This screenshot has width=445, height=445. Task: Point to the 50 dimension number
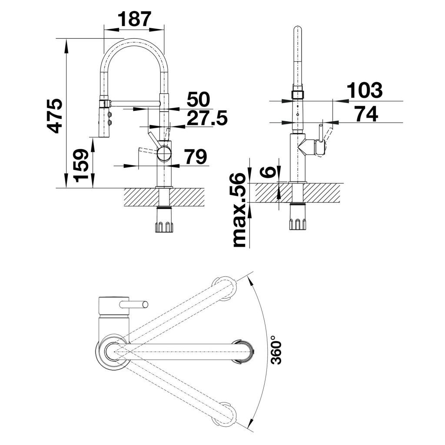(198, 100)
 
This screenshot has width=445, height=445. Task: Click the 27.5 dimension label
(206, 117)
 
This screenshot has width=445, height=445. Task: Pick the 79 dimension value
(195, 157)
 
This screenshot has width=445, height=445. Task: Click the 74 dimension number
(366, 113)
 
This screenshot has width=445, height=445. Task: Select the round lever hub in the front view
(164, 153)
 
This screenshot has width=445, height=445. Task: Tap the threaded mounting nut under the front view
(164, 226)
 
